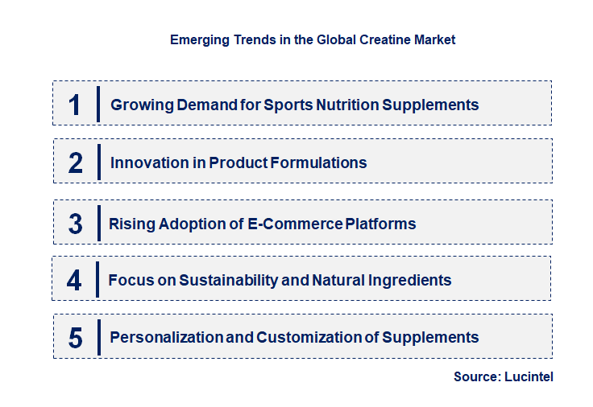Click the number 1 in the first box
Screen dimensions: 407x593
[x=75, y=105]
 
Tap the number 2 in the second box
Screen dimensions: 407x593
[x=76, y=162]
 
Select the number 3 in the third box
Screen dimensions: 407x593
[x=75, y=224]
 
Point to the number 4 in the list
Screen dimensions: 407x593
[x=74, y=280]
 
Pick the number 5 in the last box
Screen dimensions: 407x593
[x=75, y=338]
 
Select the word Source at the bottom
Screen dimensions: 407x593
[x=475, y=376]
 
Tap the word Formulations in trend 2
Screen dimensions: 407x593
[x=319, y=162]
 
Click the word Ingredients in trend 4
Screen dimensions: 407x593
[x=409, y=280]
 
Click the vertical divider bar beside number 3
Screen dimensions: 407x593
[x=97, y=223]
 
